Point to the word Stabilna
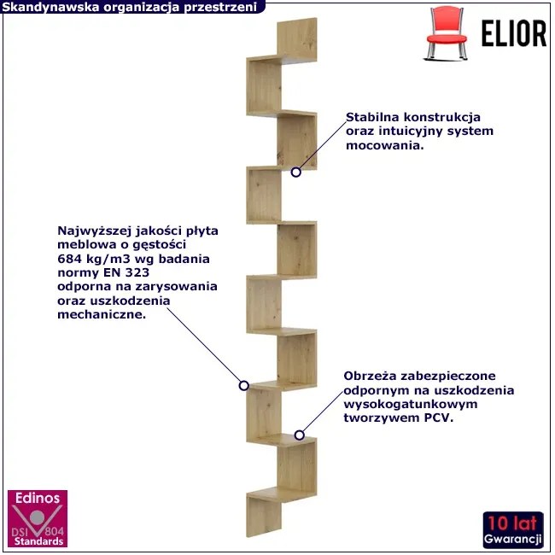coord(373,117)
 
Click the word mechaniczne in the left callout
coord(100,313)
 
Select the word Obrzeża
coord(371,376)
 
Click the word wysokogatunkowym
coord(400,405)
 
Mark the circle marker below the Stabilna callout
coord(295,172)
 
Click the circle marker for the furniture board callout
coord(242,385)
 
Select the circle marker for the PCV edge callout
coord(298,435)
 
